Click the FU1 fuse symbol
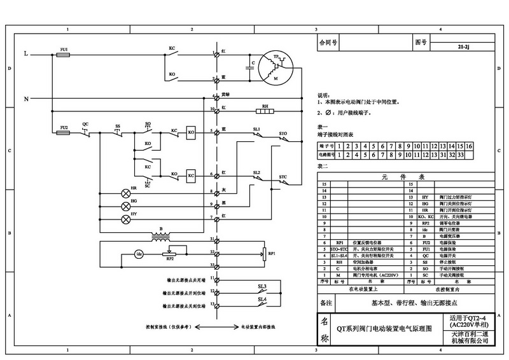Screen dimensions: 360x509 [64, 55]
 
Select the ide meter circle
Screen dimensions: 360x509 [139, 255]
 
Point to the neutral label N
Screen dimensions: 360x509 [25, 99]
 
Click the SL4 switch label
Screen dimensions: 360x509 [261, 299]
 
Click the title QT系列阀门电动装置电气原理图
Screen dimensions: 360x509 [379, 330]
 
